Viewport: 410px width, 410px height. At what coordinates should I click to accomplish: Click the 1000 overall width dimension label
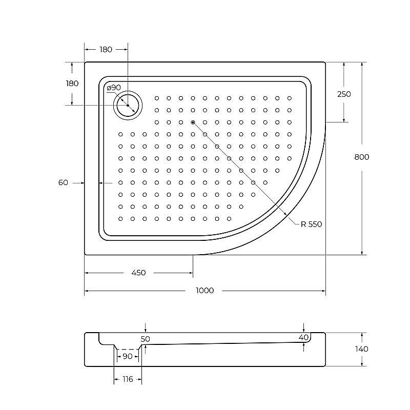click(x=204, y=291)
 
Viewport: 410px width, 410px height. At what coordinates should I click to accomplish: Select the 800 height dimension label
click(x=361, y=157)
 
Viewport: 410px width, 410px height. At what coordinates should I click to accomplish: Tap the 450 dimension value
click(x=138, y=273)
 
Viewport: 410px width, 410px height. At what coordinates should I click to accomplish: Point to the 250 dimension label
click(x=344, y=94)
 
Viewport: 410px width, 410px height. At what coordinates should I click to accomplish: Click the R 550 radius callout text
click(x=311, y=224)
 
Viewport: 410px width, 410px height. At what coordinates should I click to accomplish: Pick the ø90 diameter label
click(x=113, y=88)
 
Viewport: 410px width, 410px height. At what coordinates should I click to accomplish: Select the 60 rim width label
click(x=63, y=182)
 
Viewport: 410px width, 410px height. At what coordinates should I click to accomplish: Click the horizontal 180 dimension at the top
click(x=106, y=50)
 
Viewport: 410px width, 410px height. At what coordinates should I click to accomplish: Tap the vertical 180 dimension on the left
click(x=72, y=84)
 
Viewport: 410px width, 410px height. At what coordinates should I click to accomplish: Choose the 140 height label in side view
click(x=361, y=349)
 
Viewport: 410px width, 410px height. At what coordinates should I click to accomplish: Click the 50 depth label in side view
click(x=146, y=339)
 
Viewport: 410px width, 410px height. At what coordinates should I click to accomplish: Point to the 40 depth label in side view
click(x=303, y=337)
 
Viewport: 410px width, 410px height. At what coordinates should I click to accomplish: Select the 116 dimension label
click(x=127, y=379)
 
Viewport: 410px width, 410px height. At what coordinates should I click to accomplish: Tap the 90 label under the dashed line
click(x=127, y=356)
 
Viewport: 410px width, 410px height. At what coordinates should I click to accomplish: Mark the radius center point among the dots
click(x=193, y=122)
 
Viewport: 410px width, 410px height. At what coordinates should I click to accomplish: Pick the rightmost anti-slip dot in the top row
click(x=289, y=98)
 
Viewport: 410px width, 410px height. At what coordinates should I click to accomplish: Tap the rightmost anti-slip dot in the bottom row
click(x=229, y=219)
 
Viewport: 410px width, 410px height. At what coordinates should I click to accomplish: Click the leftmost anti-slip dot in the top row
click(x=157, y=98)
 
